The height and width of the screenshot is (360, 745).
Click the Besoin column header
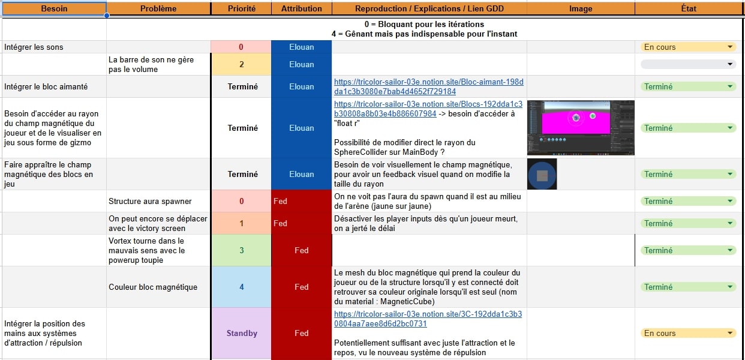click(x=54, y=8)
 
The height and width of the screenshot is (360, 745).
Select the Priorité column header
click(x=242, y=8)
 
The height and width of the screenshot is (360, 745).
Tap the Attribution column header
click(x=302, y=8)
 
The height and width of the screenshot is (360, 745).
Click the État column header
click(x=689, y=8)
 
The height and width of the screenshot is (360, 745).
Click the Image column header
click(x=581, y=8)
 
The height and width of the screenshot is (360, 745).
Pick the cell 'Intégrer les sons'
click(x=54, y=47)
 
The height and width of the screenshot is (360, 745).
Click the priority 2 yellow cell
click(x=242, y=64)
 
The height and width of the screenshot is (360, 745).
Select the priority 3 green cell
click(x=242, y=250)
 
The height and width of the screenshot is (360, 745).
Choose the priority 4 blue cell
click(x=242, y=287)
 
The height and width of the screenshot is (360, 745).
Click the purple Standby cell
click(x=242, y=333)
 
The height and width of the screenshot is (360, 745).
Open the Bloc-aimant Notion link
click(x=428, y=86)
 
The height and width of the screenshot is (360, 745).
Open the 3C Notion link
click(x=428, y=319)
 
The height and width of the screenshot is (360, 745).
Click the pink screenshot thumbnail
click(x=581, y=128)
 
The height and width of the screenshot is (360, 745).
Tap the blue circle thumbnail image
click(x=542, y=174)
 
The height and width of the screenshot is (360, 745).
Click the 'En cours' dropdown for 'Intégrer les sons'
click(x=689, y=47)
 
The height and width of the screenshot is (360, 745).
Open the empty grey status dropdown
click(x=689, y=64)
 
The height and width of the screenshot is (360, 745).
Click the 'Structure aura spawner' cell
click(x=158, y=201)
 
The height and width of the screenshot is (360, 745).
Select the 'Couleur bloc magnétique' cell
click(x=158, y=287)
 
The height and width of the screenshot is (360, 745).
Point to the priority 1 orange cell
click(x=242, y=223)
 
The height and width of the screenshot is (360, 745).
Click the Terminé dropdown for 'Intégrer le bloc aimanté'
click(x=689, y=86)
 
